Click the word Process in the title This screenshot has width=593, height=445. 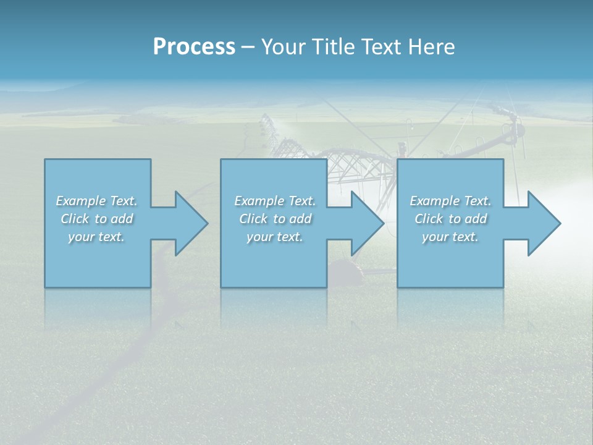click(x=194, y=46)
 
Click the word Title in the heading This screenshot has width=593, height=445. click(x=332, y=46)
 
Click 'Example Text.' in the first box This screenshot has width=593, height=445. click(x=96, y=201)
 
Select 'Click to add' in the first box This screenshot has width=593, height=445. click(x=96, y=219)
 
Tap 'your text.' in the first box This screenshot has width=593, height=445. click(x=96, y=237)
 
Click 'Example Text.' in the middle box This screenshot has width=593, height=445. click(x=275, y=201)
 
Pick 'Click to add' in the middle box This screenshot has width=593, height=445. click(x=275, y=219)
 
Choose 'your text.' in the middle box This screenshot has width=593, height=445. click(x=275, y=237)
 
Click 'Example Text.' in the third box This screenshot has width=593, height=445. click(x=450, y=201)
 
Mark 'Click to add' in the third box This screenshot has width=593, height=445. click(x=450, y=219)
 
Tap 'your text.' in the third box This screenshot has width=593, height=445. click(x=450, y=237)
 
